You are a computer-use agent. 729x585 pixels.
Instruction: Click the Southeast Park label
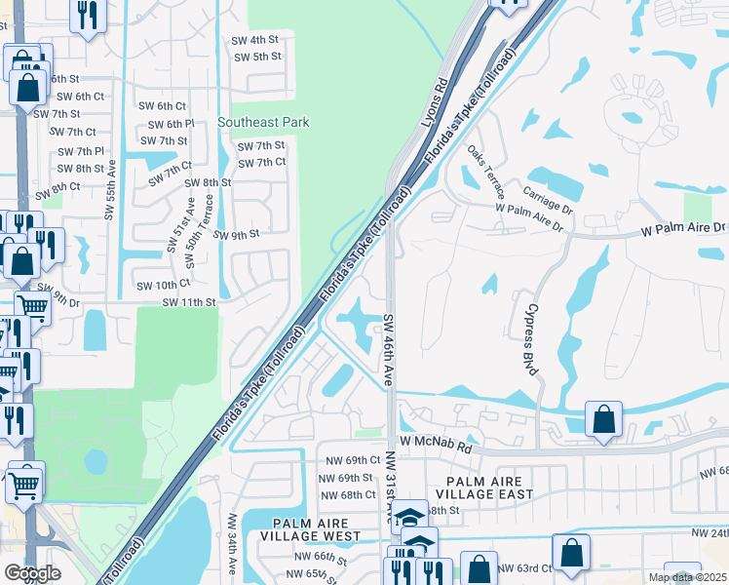click(263, 122)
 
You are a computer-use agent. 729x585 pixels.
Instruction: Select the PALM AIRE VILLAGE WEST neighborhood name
click(319, 529)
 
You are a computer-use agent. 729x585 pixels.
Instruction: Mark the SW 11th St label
click(189, 302)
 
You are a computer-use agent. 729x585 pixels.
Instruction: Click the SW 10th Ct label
click(162, 285)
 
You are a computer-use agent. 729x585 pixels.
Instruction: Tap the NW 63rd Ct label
click(524, 567)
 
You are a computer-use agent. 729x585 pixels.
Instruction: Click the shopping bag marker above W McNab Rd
click(604, 420)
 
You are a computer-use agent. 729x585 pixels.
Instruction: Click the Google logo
click(32, 573)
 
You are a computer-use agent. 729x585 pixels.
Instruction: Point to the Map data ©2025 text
click(686, 577)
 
